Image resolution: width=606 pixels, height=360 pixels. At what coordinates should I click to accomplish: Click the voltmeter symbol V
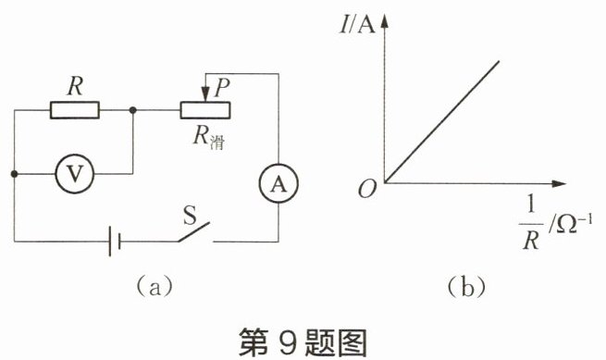[x=75, y=174]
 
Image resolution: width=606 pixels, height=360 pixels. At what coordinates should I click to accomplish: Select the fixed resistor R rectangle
[x=75, y=110]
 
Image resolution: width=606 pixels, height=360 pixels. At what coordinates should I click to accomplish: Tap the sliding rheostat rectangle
[x=205, y=110]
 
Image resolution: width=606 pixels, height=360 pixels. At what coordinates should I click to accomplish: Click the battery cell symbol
[x=115, y=242]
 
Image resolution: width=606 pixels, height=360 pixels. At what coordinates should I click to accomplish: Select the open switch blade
[x=194, y=232]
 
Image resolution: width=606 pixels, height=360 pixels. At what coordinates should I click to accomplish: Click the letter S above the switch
[x=190, y=215]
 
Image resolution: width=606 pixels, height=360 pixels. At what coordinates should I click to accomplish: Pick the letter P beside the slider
[x=222, y=88]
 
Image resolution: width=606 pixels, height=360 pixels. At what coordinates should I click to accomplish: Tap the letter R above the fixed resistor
[x=75, y=86]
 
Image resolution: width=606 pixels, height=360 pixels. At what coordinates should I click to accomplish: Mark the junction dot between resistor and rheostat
[x=132, y=110]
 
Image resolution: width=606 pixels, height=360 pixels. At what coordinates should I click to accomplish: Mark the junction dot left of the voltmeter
[x=14, y=174]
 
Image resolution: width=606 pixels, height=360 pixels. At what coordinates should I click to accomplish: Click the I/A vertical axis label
[x=357, y=25]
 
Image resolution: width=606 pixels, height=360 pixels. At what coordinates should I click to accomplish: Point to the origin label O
[x=367, y=190]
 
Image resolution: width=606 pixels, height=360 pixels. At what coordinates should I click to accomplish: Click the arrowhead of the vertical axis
[x=384, y=21]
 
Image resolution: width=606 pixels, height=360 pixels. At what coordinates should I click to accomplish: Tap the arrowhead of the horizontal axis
[x=559, y=183]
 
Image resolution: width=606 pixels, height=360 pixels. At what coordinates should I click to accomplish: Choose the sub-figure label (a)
[x=155, y=287]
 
